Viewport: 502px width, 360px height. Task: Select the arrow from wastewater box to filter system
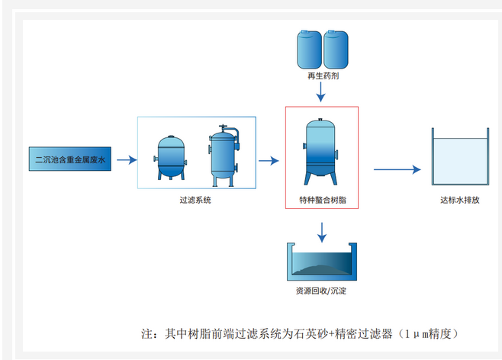(127, 160)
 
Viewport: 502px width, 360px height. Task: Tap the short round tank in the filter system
(172, 156)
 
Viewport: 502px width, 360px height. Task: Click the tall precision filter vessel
(224, 154)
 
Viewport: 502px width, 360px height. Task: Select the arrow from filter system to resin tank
(269, 160)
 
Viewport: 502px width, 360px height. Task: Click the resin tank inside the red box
(321, 150)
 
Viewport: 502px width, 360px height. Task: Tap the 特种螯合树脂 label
(321, 201)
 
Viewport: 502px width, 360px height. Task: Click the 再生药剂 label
(320, 77)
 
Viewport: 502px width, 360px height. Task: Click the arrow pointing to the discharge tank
(397, 169)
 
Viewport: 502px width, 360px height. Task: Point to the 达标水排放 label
(460, 201)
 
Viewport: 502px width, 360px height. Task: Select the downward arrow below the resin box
(321, 231)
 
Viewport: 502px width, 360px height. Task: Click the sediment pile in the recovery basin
(320, 267)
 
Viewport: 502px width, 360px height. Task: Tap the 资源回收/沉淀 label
(321, 292)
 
